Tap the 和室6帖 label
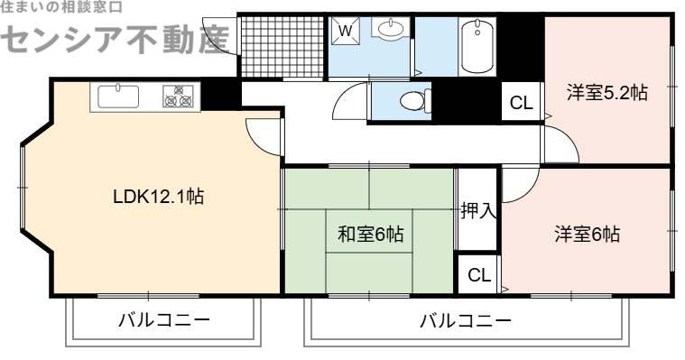(x=370, y=235)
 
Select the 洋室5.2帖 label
(x=606, y=92)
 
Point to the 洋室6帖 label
(x=587, y=235)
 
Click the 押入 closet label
(x=477, y=211)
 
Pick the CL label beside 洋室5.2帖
(x=521, y=102)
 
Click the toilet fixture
(x=412, y=99)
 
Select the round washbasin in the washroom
(x=390, y=32)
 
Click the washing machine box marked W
(x=345, y=30)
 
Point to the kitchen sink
(x=118, y=96)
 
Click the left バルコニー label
(x=163, y=321)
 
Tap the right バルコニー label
(x=465, y=321)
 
